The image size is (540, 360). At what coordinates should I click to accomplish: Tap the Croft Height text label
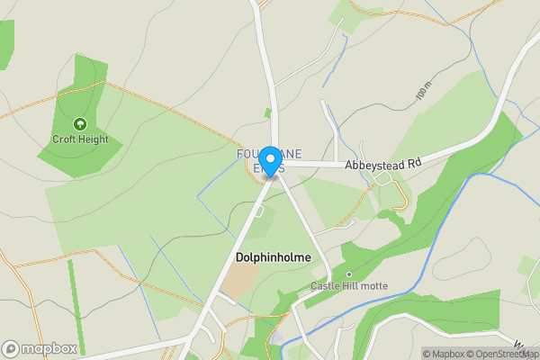[80, 139]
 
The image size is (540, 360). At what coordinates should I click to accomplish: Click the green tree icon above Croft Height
[80, 124]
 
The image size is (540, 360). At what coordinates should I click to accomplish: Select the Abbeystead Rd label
[383, 165]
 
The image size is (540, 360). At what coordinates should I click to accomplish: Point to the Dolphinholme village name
[273, 257]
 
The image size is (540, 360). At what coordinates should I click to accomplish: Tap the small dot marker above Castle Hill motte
[348, 274]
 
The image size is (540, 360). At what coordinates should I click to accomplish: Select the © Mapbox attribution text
[444, 354]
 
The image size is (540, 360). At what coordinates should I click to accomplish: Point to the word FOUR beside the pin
[248, 154]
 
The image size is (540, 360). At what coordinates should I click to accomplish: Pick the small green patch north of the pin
[267, 113]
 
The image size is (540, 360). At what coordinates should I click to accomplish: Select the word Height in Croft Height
[93, 139]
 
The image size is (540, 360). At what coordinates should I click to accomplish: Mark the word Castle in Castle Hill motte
[326, 286]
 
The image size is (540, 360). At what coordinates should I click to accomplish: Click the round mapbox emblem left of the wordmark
[11, 349]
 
